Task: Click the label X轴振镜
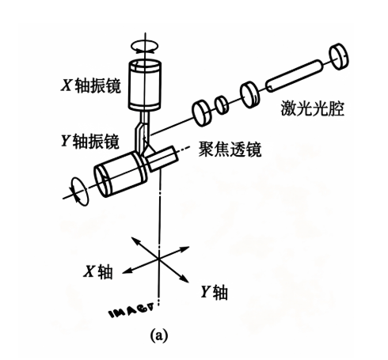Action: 91,86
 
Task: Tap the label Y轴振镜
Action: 90,141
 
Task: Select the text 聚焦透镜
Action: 230,150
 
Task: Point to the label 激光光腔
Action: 312,108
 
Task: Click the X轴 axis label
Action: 98,271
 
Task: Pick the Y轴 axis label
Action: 214,292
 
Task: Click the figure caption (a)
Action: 159,335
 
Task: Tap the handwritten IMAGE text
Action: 131,311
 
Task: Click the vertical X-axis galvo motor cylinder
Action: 145,85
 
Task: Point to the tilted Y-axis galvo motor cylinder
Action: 120,174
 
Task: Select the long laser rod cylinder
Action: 295,76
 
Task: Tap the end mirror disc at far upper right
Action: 339,56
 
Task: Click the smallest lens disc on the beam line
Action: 222,104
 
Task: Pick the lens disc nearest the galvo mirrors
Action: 202,113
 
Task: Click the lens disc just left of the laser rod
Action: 249,95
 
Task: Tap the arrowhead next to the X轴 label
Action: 125,271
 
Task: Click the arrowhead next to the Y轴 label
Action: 185,279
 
